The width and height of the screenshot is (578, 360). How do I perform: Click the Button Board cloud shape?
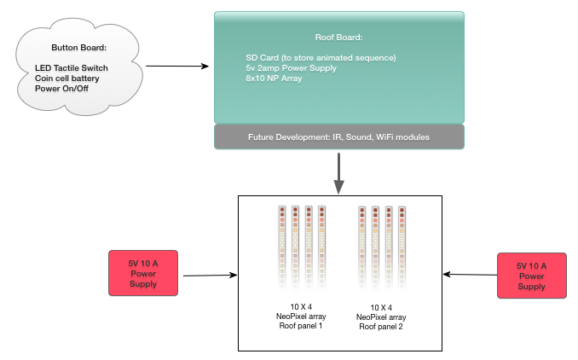point(79,67)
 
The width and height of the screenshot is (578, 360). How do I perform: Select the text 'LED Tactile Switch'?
point(72,68)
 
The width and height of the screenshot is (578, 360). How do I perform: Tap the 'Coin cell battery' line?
point(67,78)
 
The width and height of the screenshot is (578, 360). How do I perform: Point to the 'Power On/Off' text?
point(61,89)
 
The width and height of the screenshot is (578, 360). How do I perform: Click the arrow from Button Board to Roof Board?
point(177,67)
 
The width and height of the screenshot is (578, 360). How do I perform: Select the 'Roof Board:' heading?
point(338,38)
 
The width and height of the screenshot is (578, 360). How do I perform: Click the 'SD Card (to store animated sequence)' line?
point(321,58)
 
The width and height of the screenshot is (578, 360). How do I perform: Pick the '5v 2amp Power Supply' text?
point(292,68)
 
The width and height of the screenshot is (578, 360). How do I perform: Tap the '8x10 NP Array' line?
point(274,78)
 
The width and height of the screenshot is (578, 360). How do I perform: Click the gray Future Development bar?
point(339,136)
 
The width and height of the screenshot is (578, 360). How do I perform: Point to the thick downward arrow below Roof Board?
point(338,173)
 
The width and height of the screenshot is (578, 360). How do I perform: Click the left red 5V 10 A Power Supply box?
point(143,273)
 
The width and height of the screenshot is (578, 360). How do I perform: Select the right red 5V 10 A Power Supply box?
point(532,276)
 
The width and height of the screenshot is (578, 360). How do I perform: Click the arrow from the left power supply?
point(210,276)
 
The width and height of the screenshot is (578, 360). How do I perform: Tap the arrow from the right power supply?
point(470,275)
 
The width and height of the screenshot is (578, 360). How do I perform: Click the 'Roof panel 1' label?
point(301,326)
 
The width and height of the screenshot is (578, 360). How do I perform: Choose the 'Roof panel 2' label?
point(381,327)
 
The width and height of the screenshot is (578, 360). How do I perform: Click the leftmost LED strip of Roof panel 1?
point(282,248)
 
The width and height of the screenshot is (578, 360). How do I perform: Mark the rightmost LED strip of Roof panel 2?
point(402,249)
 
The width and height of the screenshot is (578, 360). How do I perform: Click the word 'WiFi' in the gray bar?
point(386,137)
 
